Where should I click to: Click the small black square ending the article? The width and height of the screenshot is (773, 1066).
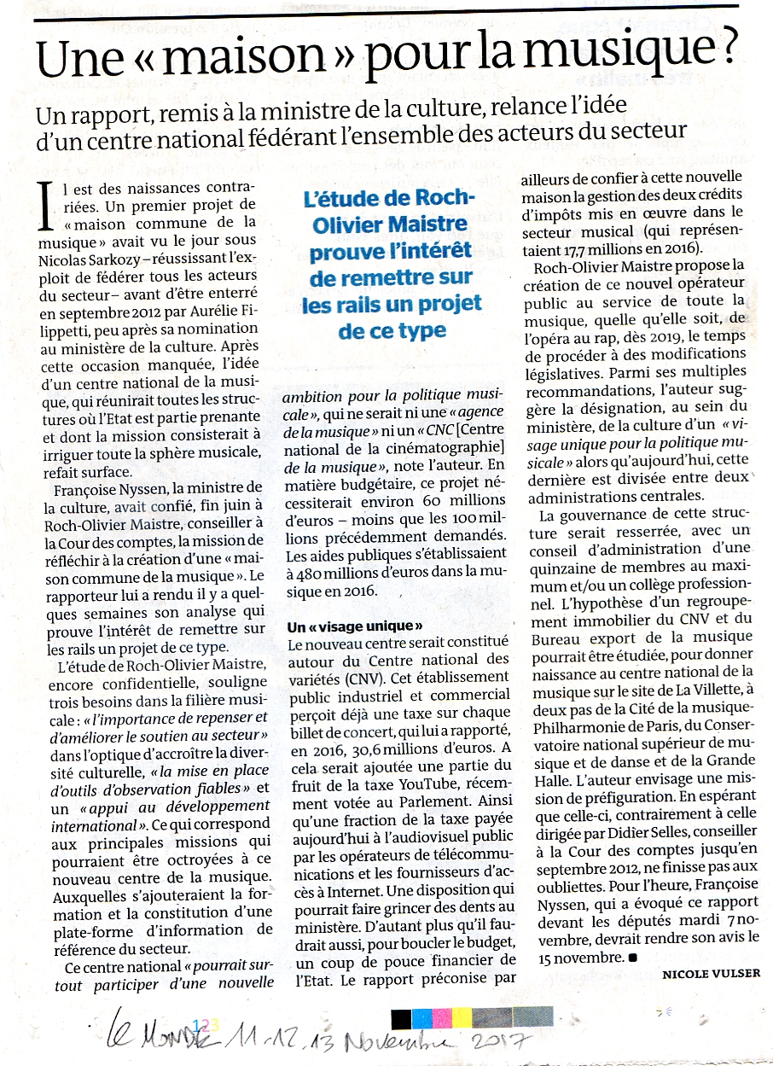pos(631,958)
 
